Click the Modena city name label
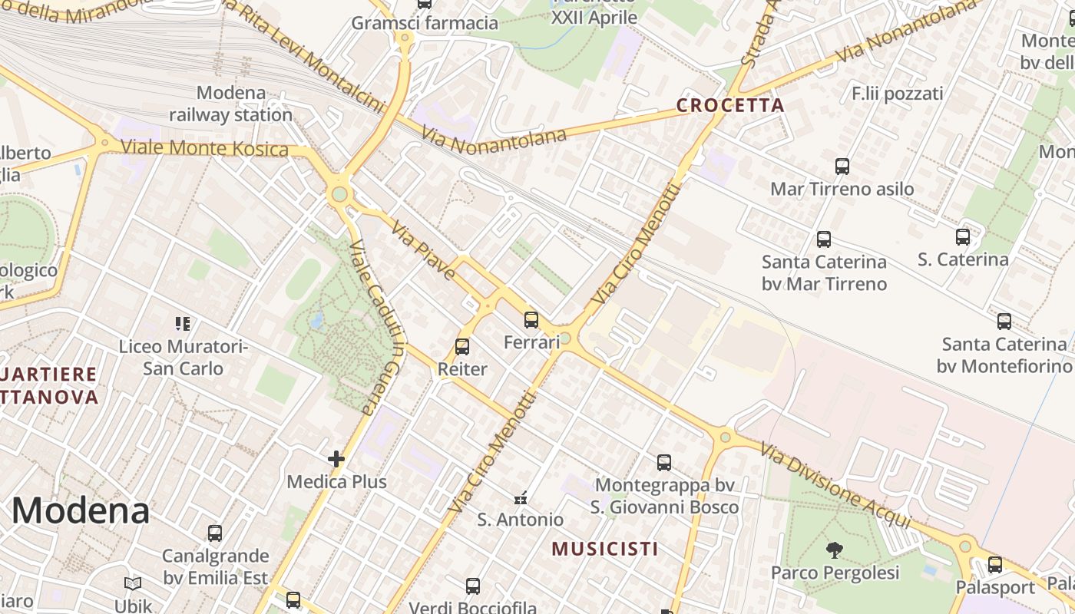(x=81, y=510)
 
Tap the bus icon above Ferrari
(x=531, y=320)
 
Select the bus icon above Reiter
(x=462, y=347)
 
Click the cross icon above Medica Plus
(x=336, y=459)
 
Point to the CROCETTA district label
(x=730, y=106)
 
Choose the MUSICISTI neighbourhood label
(x=605, y=549)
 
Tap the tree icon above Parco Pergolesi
(x=835, y=550)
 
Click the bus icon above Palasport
(x=995, y=565)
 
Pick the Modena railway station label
(x=230, y=104)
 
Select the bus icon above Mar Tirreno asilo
(x=842, y=166)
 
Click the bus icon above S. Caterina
(x=963, y=237)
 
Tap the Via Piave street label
(x=423, y=251)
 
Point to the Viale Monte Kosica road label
(x=204, y=148)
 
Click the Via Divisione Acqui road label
(x=836, y=486)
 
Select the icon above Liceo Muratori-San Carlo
(x=182, y=324)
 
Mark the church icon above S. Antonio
(x=521, y=498)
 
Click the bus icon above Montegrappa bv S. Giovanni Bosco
(x=664, y=463)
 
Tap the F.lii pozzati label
(x=897, y=94)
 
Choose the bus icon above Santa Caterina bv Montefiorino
(x=1004, y=322)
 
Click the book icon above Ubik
(x=133, y=584)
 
